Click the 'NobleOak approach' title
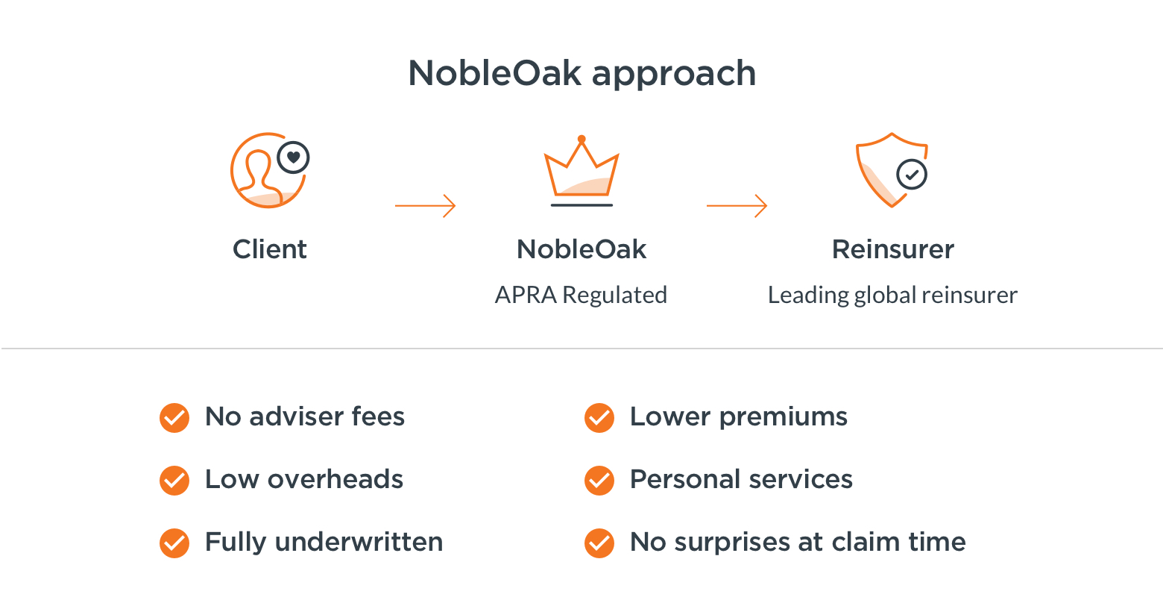point(581,74)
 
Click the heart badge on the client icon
point(293,157)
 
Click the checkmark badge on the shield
point(912,175)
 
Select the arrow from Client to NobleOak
point(425,206)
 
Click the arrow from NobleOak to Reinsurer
point(737,206)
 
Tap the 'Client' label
point(269,249)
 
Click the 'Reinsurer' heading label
point(893,249)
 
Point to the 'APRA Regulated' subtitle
point(581,295)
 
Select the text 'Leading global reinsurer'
point(892,295)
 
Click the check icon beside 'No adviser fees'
point(174,418)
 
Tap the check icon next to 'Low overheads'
point(174,480)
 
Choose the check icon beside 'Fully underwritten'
point(174,543)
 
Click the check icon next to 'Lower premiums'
point(599,418)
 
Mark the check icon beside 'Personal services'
point(599,480)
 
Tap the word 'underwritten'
point(359,542)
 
